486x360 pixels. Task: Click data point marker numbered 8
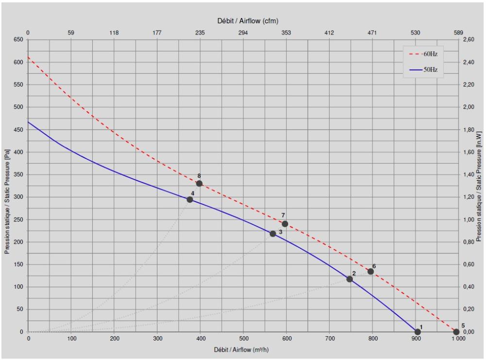[x=199, y=183]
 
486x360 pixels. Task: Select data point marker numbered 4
[x=190, y=199]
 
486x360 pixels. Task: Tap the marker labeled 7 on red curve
[x=285, y=224]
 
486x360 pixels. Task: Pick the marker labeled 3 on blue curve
[x=273, y=234]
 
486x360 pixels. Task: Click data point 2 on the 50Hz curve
[x=349, y=279]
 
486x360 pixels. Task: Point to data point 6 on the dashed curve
[x=370, y=272]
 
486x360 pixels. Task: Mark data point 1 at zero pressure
[x=417, y=332]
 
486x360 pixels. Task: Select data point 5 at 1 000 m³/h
[x=456, y=332]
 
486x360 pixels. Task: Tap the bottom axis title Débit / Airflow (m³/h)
[x=243, y=350]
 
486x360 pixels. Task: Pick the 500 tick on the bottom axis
[x=243, y=339]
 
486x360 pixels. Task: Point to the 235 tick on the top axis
[x=200, y=33]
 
